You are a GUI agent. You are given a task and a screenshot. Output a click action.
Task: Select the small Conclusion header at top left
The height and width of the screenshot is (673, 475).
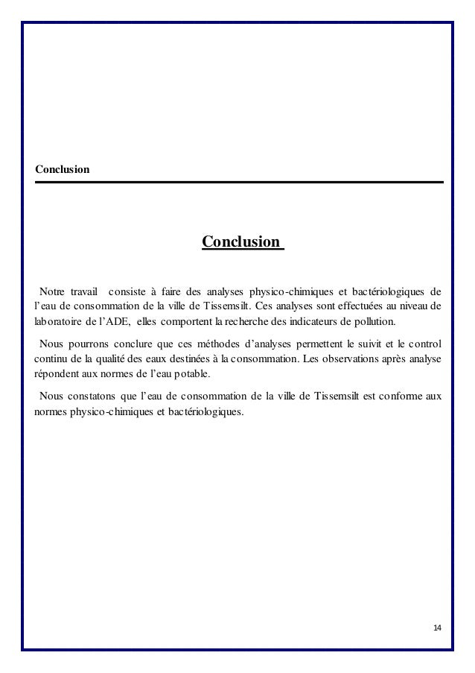62,170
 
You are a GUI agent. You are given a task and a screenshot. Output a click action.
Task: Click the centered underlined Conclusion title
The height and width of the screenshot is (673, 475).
242,242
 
